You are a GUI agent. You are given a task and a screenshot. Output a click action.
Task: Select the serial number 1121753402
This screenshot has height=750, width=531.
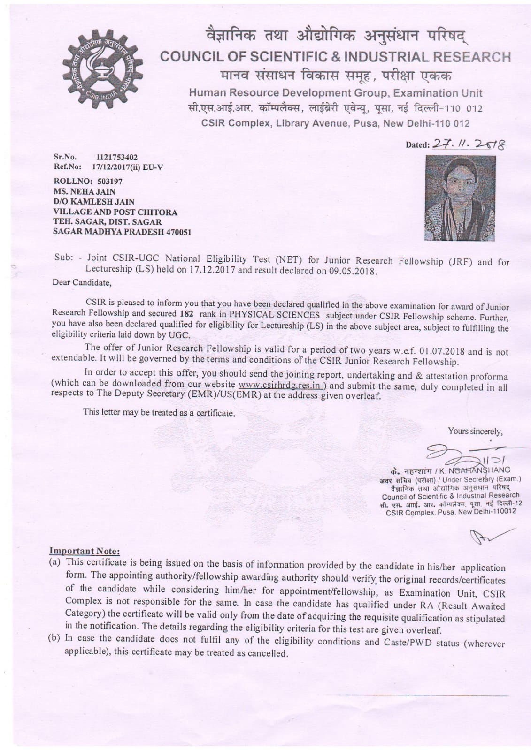pos(116,157)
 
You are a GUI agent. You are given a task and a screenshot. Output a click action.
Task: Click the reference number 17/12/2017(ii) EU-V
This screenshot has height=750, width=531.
pos(127,167)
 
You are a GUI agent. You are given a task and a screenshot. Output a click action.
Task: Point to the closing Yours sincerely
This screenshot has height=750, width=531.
pos(475,431)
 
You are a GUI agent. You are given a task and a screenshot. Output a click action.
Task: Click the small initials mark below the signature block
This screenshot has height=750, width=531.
pos(489,535)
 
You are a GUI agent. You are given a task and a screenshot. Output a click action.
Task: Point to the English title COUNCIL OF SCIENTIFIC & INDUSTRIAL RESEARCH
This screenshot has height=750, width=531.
pos(335,57)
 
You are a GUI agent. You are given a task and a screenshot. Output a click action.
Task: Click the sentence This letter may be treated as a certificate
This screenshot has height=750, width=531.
pos(159,413)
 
